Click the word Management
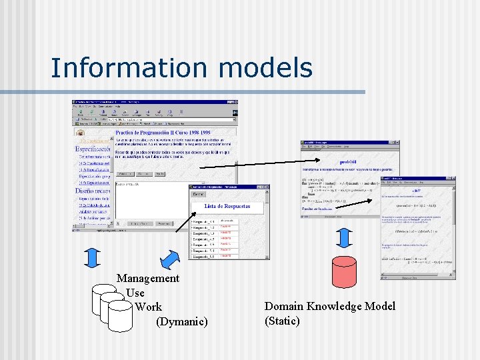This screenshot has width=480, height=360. pos(148,278)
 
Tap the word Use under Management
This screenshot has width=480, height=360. pos(135,293)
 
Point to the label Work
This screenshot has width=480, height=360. pos(148,307)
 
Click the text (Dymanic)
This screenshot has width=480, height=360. pos(181,322)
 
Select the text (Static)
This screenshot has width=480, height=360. pos(282,321)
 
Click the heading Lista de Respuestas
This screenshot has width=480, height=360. pos(227,207)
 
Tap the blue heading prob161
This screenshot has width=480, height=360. pos(349,161)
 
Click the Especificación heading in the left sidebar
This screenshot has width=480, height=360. pos(93,149)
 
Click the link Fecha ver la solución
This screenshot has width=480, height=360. pos(315,208)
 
